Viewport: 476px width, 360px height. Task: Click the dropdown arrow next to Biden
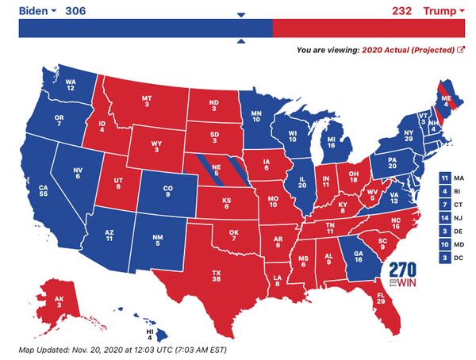53,11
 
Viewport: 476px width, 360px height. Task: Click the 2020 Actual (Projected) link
408,49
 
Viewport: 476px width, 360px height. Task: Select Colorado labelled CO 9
166,191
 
